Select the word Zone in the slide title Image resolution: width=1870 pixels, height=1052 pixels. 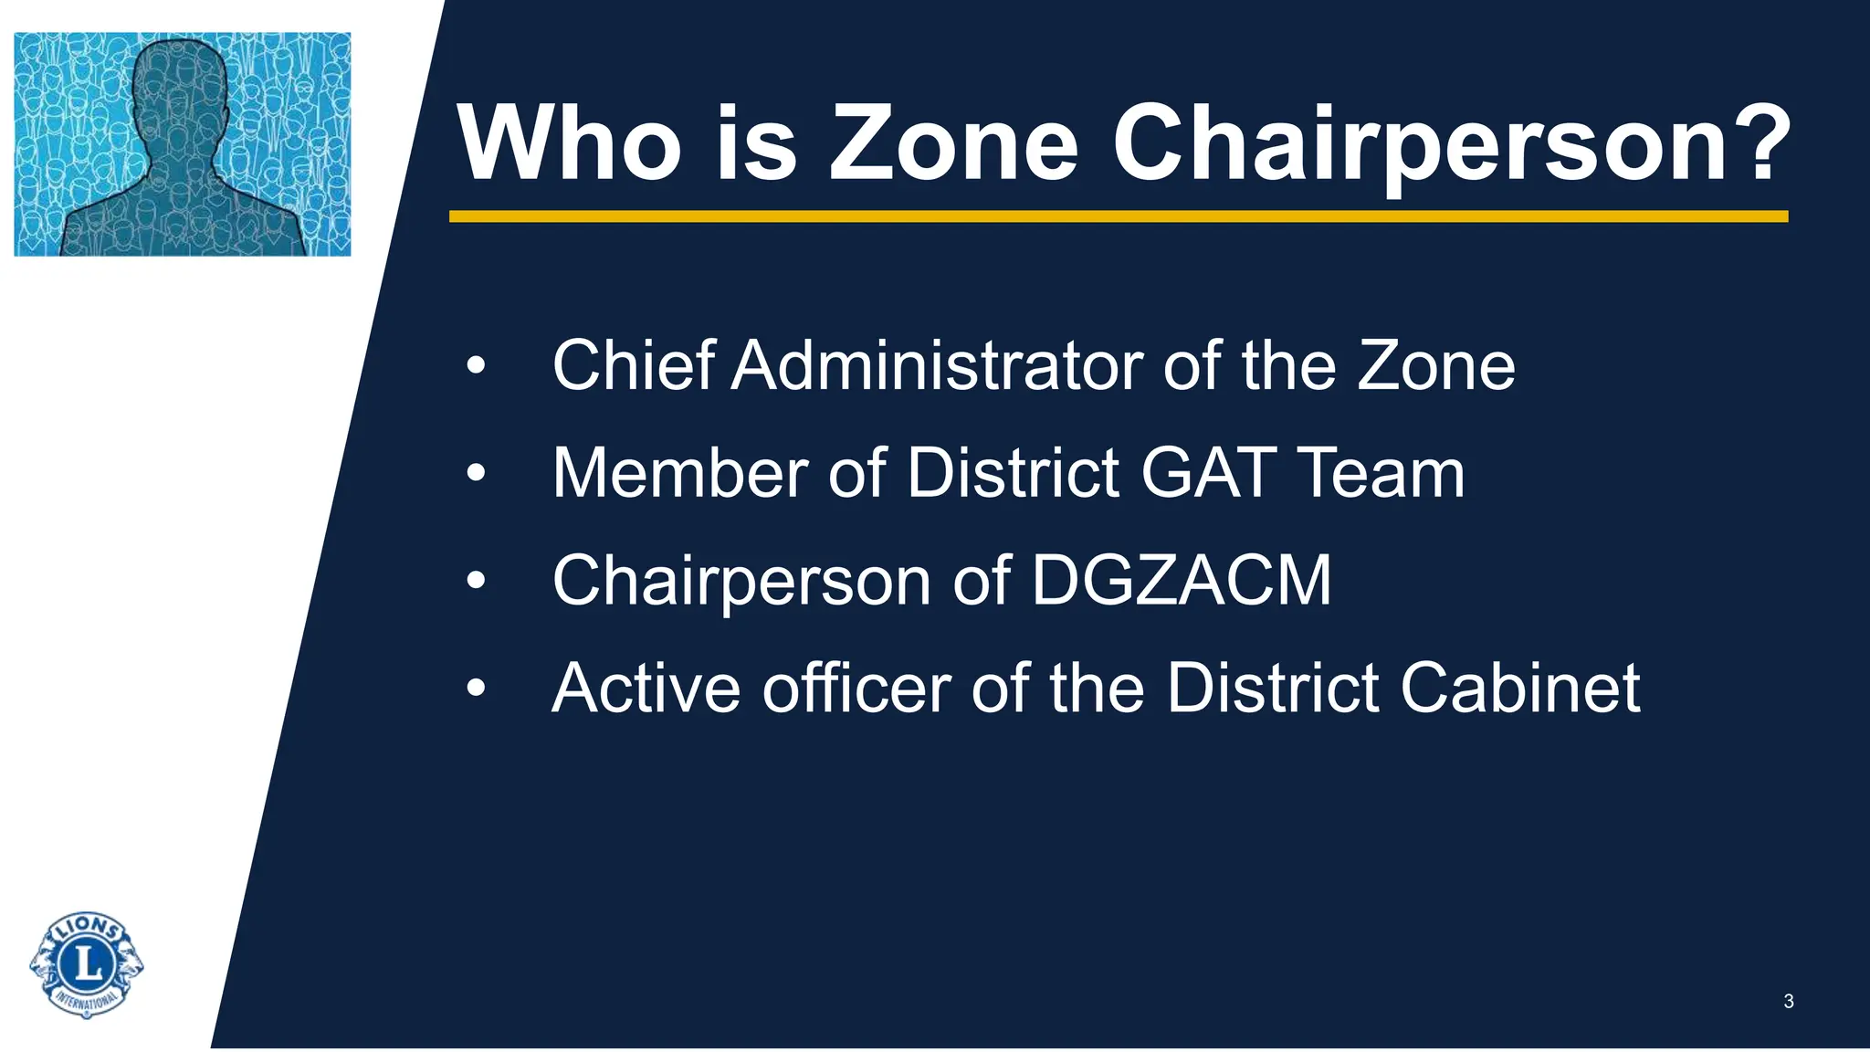(x=952, y=144)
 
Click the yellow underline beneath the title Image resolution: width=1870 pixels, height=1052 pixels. (x=1118, y=216)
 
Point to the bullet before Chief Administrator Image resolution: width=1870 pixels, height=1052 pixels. (x=476, y=366)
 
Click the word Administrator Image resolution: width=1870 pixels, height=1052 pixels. (x=936, y=366)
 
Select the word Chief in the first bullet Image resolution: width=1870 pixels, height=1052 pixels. (x=633, y=366)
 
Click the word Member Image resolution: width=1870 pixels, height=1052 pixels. (x=679, y=473)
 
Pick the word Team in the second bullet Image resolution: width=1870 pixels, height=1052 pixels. (x=1381, y=473)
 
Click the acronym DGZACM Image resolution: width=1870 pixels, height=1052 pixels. (x=1181, y=580)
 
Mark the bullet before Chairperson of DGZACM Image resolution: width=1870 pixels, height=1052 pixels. (x=476, y=581)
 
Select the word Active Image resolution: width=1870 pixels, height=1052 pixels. (x=646, y=688)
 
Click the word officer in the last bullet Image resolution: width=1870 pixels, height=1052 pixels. (x=856, y=688)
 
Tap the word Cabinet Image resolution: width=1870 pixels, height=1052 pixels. (x=1520, y=688)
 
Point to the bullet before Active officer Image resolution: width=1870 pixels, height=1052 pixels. (x=476, y=689)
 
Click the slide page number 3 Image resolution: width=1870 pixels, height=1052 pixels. (x=1788, y=1002)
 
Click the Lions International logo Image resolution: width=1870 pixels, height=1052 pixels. (x=87, y=964)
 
